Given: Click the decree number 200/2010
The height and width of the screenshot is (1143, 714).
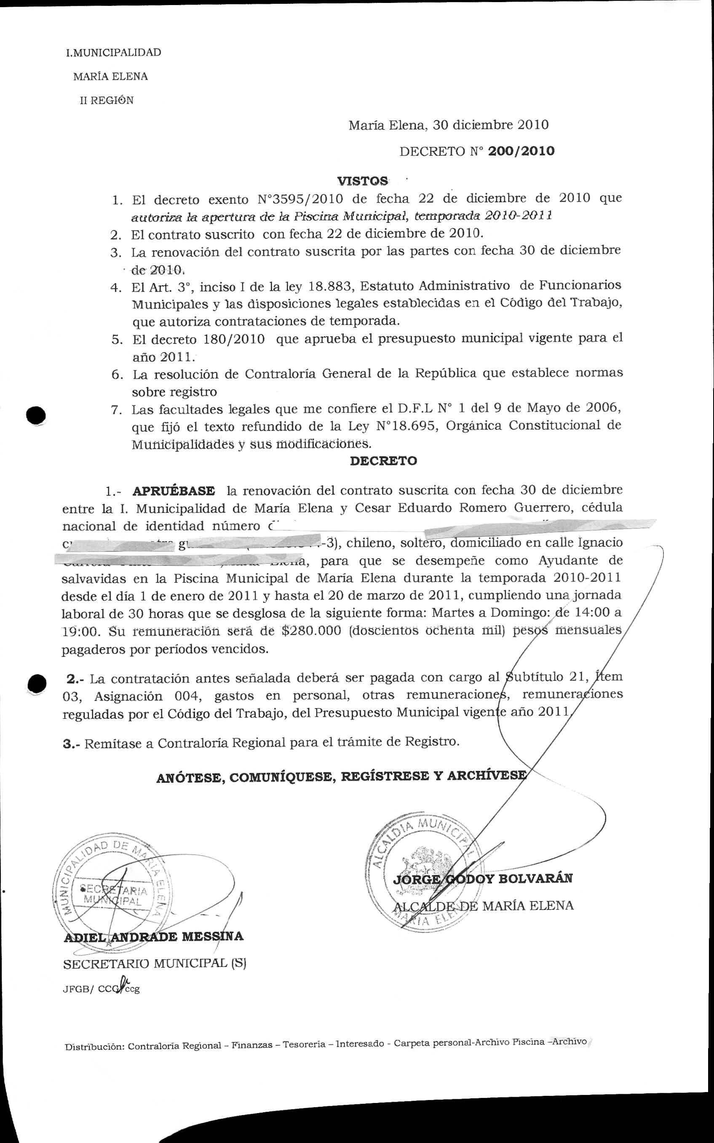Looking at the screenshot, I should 521,151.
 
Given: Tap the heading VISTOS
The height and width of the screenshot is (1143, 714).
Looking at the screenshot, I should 362,181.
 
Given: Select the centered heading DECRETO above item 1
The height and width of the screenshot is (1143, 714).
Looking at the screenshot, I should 383,461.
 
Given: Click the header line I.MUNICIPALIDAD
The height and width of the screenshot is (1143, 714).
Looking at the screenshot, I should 113,52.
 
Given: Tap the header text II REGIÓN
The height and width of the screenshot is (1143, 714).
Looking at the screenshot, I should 107,100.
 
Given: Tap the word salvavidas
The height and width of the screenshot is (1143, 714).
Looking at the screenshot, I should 94,578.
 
